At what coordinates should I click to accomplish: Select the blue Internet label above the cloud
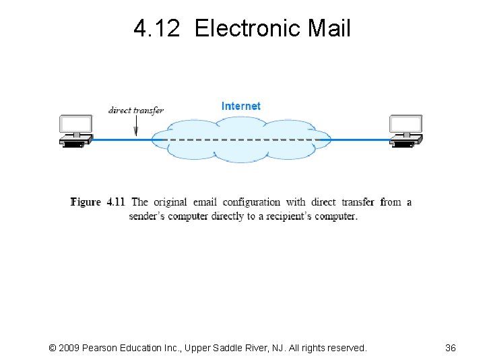pyautogui.click(x=240, y=106)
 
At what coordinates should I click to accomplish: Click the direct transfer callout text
pyautogui.click(x=135, y=110)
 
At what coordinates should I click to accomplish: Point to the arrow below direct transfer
pyautogui.click(x=135, y=127)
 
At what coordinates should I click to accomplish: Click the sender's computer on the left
pyautogui.click(x=75, y=131)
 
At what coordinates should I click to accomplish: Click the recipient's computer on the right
pyautogui.click(x=406, y=131)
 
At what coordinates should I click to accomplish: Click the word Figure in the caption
pyautogui.click(x=86, y=202)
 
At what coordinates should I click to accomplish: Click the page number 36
pyautogui.click(x=451, y=348)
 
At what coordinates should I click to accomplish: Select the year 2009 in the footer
pyautogui.click(x=70, y=348)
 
